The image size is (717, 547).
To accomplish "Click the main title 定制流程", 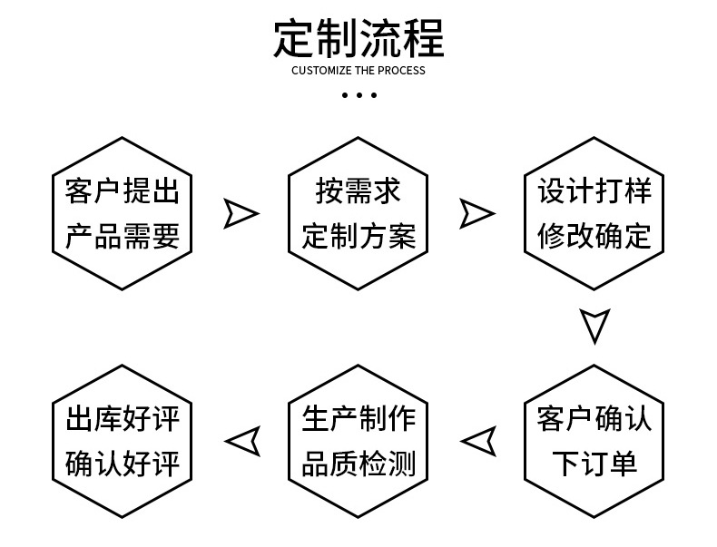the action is point(358,37).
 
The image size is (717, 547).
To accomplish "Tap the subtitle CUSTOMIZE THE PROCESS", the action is point(358,71).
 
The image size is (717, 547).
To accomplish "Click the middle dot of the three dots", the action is point(358,94).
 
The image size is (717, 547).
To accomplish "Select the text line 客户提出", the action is point(123,192).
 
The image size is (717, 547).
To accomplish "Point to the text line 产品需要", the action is point(123,236).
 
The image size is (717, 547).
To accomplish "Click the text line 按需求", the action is point(358,191).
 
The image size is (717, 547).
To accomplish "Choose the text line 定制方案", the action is point(358,236).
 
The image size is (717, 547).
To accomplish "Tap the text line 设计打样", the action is point(594,191).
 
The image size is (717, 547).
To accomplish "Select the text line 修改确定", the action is point(594,236).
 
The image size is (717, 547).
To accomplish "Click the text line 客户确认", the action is point(594,419).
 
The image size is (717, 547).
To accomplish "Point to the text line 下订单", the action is point(594,464).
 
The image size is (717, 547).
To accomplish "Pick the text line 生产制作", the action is point(358,419).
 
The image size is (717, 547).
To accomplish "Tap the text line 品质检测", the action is point(358,464).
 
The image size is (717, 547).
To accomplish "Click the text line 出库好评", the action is point(123,419).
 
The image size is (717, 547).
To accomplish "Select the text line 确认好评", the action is point(123,464).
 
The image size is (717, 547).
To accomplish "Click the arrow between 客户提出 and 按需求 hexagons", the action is point(240,214).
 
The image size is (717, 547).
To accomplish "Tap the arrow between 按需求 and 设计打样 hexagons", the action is point(476,214).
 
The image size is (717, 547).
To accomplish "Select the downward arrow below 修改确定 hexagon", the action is point(594,325).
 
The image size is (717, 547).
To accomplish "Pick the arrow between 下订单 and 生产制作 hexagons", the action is point(478,441).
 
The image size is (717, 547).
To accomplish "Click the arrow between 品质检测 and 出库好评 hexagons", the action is point(242,441).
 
